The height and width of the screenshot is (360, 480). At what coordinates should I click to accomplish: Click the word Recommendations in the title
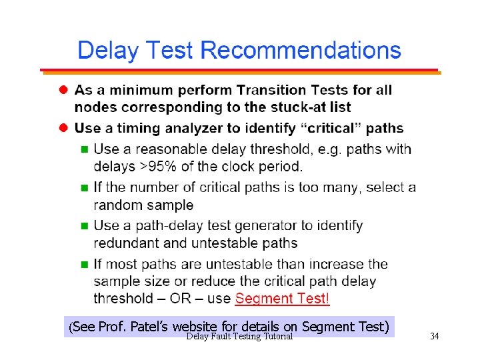pyautogui.click(x=301, y=51)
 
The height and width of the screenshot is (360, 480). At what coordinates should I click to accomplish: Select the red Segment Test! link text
pyautogui.click(x=283, y=299)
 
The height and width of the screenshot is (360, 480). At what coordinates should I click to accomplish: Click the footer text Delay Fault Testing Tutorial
pyautogui.click(x=239, y=337)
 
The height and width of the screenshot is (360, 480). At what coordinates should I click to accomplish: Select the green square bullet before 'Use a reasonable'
pyautogui.click(x=84, y=149)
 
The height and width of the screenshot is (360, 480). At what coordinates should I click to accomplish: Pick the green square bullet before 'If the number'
pyautogui.click(x=84, y=187)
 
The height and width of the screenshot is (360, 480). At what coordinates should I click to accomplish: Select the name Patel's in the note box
pyautogui.click(x=149, y=327)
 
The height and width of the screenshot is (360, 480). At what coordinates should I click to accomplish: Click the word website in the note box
pyautogui.click(x=194, y=327)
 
